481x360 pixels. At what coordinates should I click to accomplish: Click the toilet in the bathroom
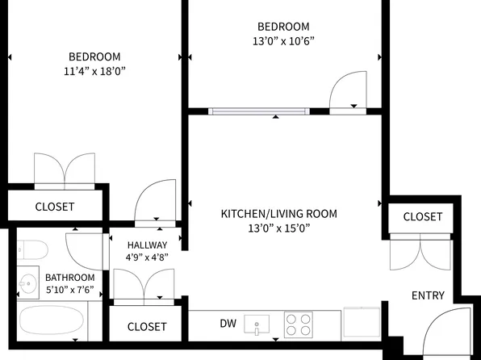coord(32,249)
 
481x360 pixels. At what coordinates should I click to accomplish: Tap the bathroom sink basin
coord(28,283)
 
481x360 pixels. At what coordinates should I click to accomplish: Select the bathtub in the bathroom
coord(52,320)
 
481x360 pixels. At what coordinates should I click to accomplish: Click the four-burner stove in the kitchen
coord(298,324)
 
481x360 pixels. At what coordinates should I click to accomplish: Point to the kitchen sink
coord(257,324)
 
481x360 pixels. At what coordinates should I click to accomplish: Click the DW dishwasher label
coord(228,323)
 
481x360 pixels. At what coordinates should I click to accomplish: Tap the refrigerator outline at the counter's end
coord(362,321)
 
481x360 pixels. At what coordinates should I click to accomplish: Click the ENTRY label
coord(428,295)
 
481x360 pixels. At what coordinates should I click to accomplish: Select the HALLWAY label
coord(147,245)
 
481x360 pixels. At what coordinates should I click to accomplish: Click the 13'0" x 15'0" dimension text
coord(279,228)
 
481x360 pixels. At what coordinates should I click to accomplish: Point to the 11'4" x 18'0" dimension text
coord(94,71)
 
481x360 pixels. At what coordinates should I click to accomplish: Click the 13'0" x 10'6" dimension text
coord(283,41)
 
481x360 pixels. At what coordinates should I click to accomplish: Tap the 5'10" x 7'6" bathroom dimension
coord(69,290)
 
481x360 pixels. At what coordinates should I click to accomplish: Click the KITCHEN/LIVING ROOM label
coord(279,214)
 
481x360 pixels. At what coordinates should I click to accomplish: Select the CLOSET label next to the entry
coord(422,216)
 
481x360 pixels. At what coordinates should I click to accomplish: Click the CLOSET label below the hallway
coord(147,327)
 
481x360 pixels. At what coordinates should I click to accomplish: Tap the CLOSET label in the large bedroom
coord(55,207)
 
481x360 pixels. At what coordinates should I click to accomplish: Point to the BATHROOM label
coord(70,278)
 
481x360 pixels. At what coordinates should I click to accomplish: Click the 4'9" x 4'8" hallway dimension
coord(147,257)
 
